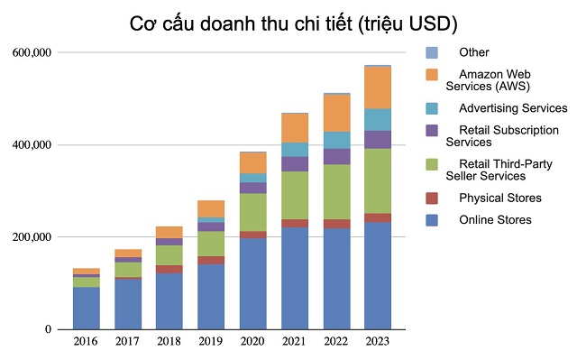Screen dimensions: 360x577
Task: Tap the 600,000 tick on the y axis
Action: pyautogui.click(x=32, y=53)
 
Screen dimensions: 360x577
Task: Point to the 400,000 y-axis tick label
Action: pyautogui.click(x=32, y=145)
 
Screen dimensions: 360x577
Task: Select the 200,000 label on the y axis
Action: pyautogui.click(x=32, y=237)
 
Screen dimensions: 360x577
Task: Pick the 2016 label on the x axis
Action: pyautogui.click(x=87, y=343)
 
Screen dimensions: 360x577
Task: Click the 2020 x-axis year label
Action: pyautogui.click(x=252, y=343)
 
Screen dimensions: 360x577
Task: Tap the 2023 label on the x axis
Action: pyautogui.click(x=378, y=343)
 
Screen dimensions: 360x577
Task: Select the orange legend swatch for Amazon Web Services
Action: pyautogui.click(x=431, y=74)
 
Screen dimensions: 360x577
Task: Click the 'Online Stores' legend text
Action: pyautogui.click(x=495, y=220)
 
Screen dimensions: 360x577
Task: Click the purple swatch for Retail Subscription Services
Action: pyautogui.click(x=431, y=130)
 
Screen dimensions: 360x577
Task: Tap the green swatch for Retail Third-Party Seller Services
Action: pyautogui.click(x=431, y=163)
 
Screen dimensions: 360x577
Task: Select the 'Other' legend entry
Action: pyautogui.click(x=473, y=52)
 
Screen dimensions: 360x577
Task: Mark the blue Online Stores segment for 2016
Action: pyautogui.click(x=87, y=308)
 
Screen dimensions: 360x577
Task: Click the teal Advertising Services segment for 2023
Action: pyautogui.click(x=378, y=119)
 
